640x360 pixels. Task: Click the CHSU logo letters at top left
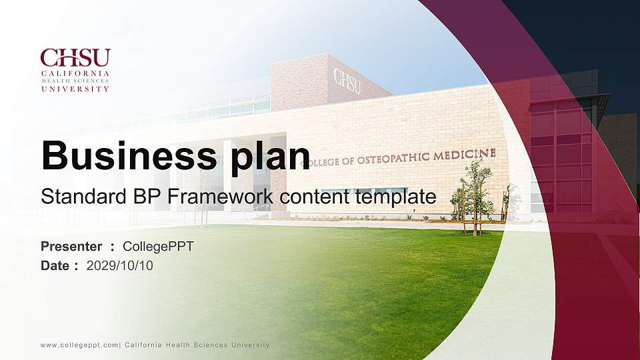[75, 57]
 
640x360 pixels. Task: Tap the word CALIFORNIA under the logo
[75, 72]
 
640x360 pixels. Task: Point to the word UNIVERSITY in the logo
[75, 88]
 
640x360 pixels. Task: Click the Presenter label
[72, 247]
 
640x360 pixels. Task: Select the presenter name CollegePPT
[159, 247]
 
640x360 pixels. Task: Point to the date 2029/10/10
[120, 266]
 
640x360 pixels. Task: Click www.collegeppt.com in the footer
[79, 345]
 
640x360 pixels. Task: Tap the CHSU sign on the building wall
[347, 80]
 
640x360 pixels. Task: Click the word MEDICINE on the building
[465, 155]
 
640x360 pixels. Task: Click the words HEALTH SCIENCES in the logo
[75, 80]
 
